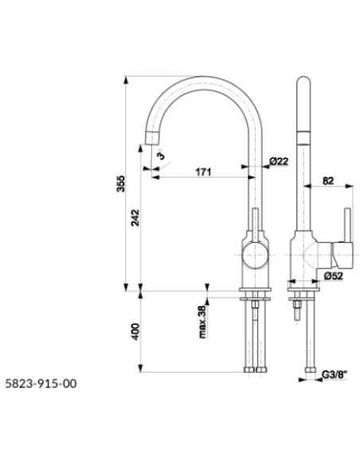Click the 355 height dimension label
pyautogui.click(x=121, y=184)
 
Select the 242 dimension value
pyautogui.click(x=135, y=217)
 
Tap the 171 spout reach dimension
pyautogui.click(x=203, y=172)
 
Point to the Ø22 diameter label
pyautogui.click(x=279, y=162)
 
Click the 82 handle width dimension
pyautogui.click(x=328, y=181)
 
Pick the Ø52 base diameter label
pyautogui.click(x=333, y=275)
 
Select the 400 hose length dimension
pyautogui.click(x=135, y=331)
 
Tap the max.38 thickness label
pyautogui.click(x=203, y=322)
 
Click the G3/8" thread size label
pyautogui.click(x=335, y=375)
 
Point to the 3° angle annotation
pyautogui.click(x=160, y=154)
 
